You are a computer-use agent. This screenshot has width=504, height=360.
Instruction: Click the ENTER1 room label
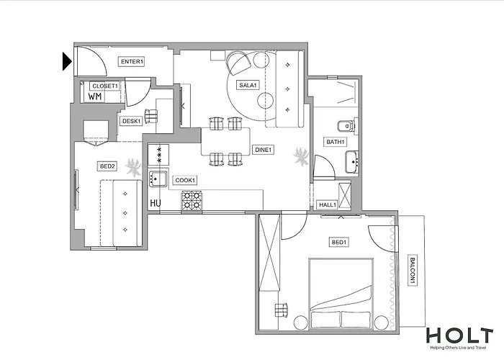pyautogui.click(x=132, y=62)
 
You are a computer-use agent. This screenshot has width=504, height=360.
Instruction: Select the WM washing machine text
pyautogui.click(x=95, y=96)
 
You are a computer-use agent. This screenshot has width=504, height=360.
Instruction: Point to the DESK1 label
pyautogui.click(x=130, y=121)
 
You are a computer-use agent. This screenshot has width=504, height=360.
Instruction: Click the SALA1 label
pyautogui.click(x=248, y=86)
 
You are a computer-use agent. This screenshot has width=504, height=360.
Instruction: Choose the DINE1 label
pyautogui.click(x=264, y=150)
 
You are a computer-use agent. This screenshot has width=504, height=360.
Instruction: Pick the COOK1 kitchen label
pyautogui.click(x=185, y=180)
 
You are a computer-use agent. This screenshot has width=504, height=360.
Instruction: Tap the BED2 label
pyautogui.click(x=107, y=166)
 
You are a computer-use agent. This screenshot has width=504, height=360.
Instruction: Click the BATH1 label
pyautogui.click(x=335, y=142)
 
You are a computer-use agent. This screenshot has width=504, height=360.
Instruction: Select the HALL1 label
pyautogui.click(x=328, y=205)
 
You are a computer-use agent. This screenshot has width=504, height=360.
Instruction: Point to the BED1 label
pyautogui.click(x=338, y=242)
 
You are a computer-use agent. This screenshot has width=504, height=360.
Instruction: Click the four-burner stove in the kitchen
pyautogui.click(x=192, y=200)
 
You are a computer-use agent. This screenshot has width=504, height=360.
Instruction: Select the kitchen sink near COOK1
pyautogui.click(x=158, y=179)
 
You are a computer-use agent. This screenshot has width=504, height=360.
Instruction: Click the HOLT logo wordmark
pyautogui.click(x=459, y=336)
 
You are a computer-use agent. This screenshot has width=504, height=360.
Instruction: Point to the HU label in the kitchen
pyautogui.click(x=155, y=204)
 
